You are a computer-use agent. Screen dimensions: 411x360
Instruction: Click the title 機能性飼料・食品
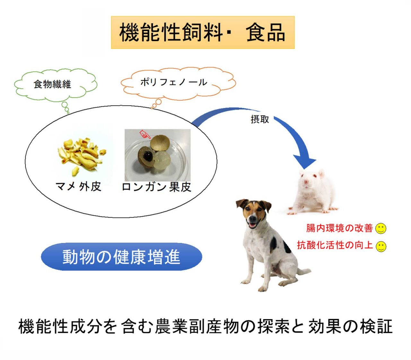pos(202,32)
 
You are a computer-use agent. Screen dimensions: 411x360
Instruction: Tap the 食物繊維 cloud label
pos(52,84)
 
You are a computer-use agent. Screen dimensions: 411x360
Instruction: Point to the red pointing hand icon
pos(145,134)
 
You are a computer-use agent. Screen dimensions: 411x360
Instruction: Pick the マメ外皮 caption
pos(78,186)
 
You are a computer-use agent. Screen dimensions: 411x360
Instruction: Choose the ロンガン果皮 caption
pos(156,187)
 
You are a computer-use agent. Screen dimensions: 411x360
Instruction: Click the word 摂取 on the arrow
pos(259,119)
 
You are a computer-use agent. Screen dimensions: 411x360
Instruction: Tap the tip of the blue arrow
pos(305,168)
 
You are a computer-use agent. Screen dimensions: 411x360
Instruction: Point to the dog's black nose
pos(252,217)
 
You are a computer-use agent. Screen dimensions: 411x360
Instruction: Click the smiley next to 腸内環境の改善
pos(381,228)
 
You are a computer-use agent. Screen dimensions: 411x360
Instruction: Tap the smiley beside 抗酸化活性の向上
pos(381,247)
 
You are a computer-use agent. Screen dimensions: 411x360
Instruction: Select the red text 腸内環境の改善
pos(339,228)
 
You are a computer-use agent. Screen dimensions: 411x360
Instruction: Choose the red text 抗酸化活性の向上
pos(335,245)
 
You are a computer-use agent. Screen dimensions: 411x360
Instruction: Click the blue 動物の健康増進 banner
pos(121,257)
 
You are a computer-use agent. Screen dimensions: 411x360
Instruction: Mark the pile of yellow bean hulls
pos(82,155)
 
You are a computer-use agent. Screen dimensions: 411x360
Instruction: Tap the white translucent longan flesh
pos(162,161)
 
